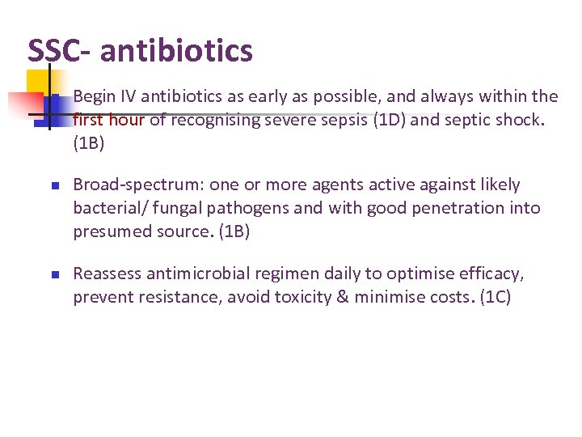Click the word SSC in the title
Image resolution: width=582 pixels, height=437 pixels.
[53, 51]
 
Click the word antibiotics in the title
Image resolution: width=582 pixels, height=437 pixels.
[176, 51]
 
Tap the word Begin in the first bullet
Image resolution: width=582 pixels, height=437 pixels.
[95, 97]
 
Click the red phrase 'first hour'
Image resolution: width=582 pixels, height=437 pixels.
[108, 121]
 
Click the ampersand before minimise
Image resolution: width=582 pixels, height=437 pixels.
[343, 297]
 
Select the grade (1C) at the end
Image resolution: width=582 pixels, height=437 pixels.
[495, 297]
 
